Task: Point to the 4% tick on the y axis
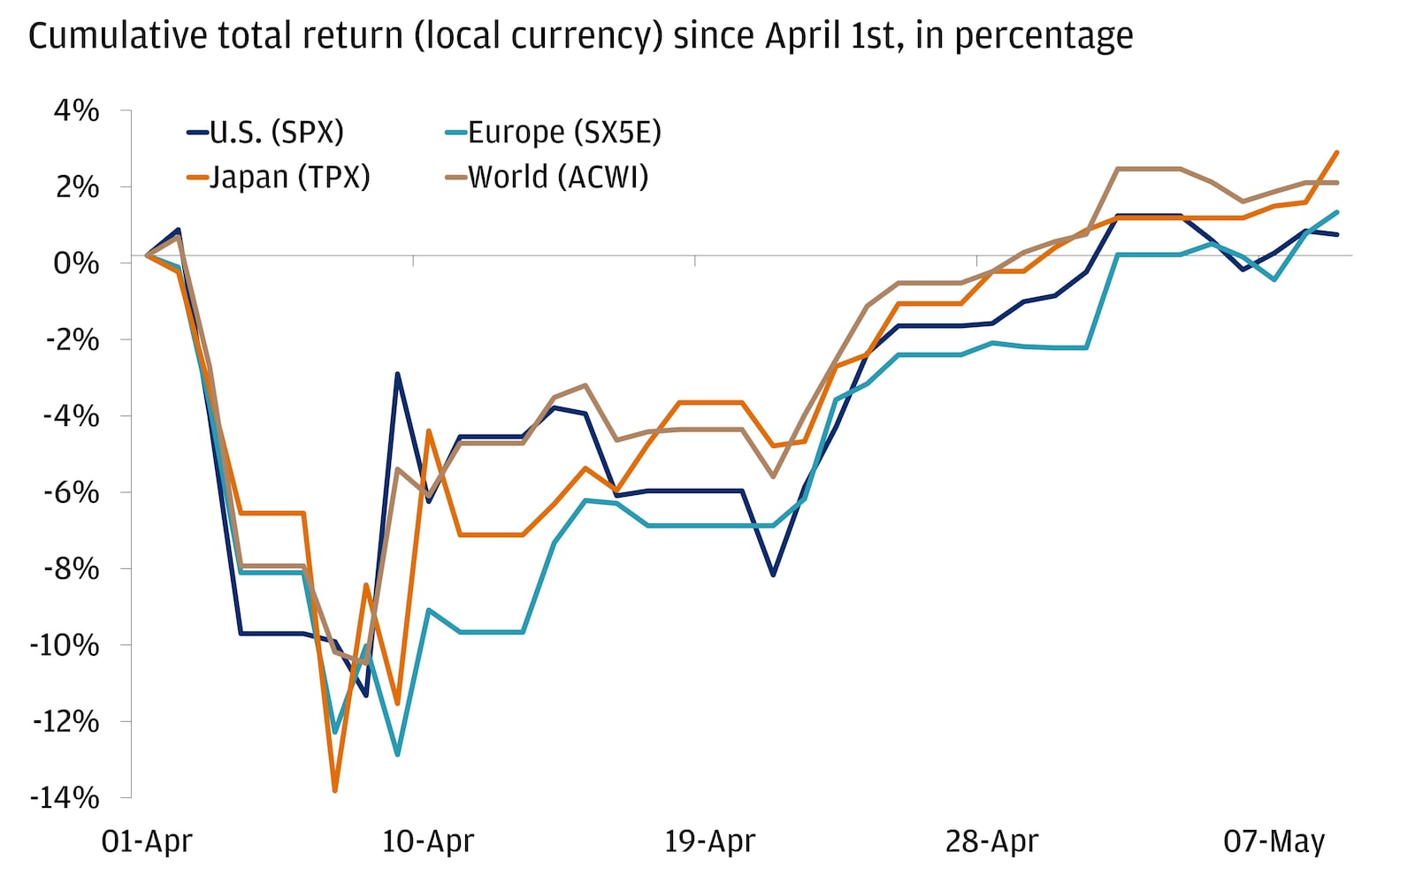click(x=76, y=110)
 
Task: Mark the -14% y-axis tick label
click(x=65, y=798)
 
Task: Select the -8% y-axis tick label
click(x=70, y=569)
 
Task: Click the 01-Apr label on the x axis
click(x=146, y=841)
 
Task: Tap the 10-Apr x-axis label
click(x=428, y=841)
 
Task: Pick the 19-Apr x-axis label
click(x=709, y=841)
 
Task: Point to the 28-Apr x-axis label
click(x=991, y=841)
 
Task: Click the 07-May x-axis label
click(x=1273, y=841)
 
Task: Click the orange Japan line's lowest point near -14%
click(x=334, y=790)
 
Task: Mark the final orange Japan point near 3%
click(x=1336, y=152)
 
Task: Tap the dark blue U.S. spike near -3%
click(x=397, y=374)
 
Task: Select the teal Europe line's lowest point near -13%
click(x=397, y=755)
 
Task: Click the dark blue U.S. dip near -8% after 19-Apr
click(x=773, y=575)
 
